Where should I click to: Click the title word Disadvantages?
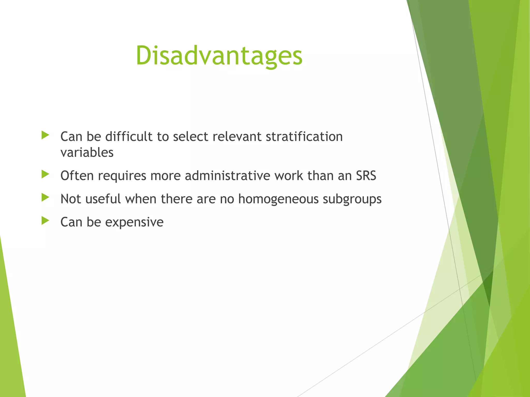219,56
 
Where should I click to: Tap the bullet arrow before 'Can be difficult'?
45,135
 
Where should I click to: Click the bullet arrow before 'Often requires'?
45,174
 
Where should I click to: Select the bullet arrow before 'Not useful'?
45,198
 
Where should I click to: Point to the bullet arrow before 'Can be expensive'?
45,221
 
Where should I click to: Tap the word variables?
87,152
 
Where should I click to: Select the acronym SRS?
366,176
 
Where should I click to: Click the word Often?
77,176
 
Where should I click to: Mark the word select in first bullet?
190,136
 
